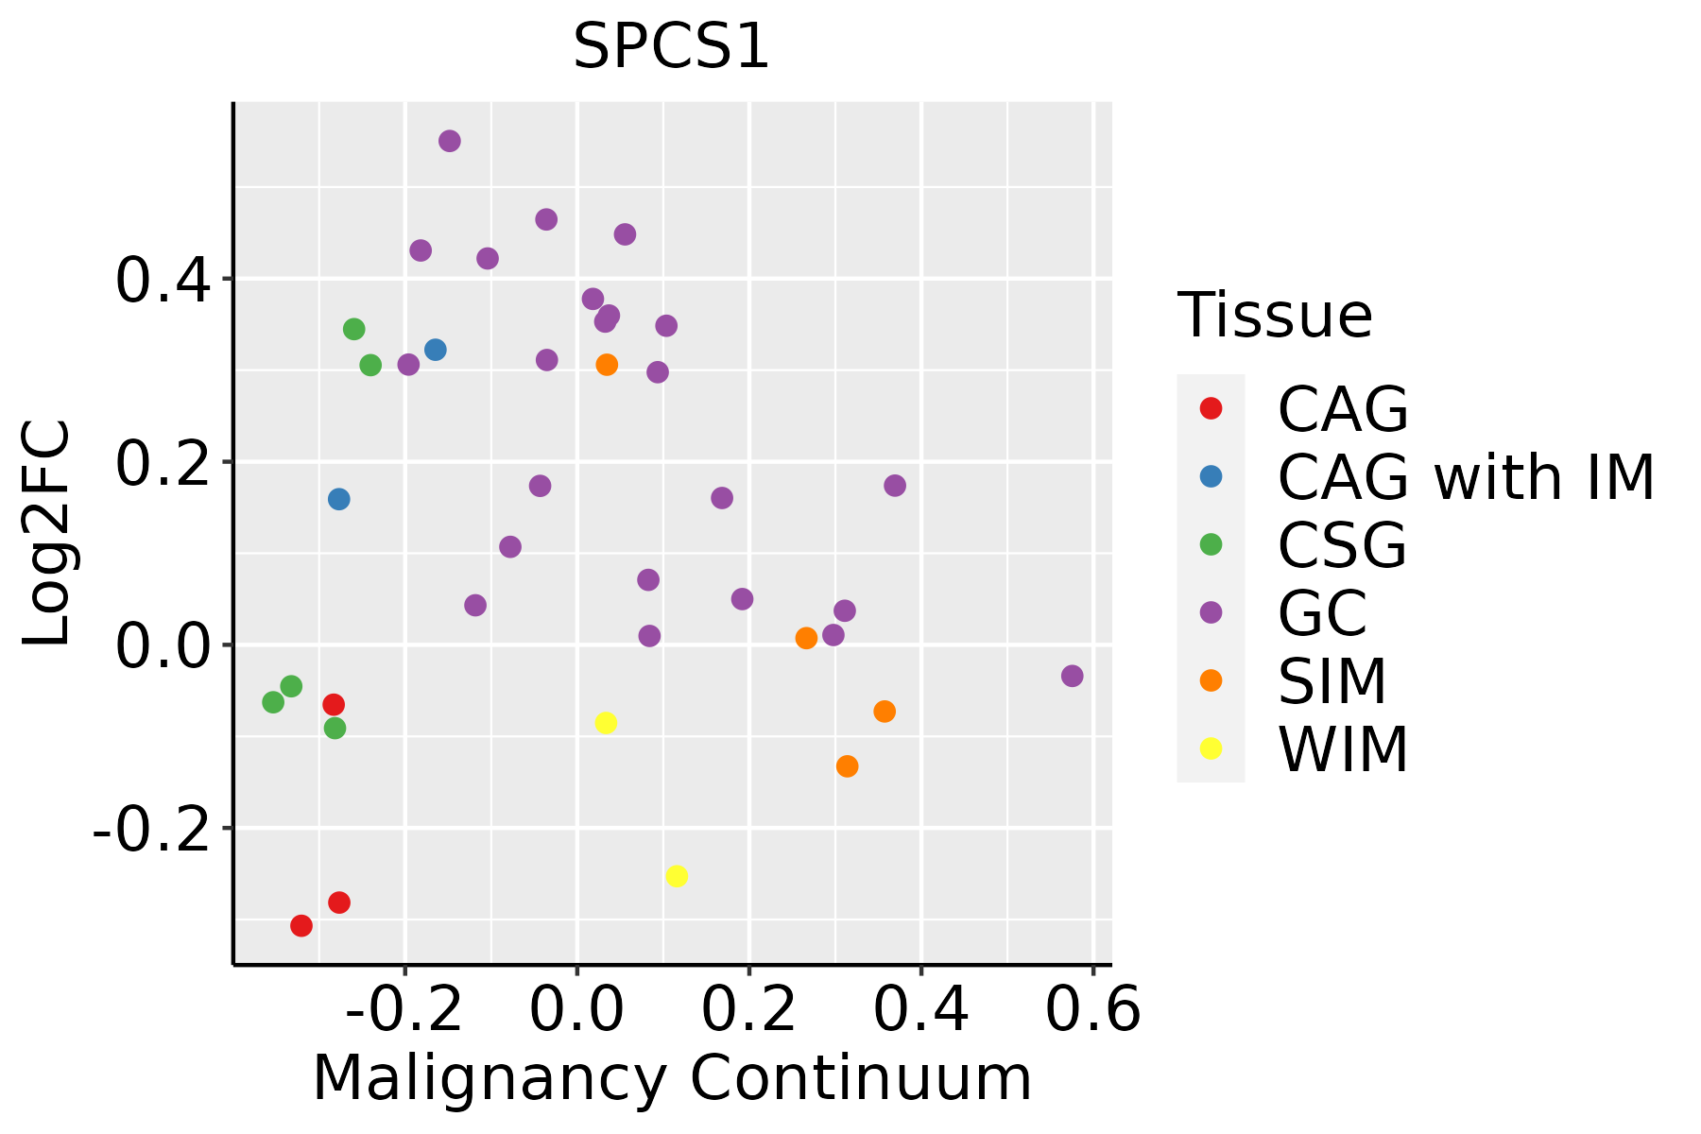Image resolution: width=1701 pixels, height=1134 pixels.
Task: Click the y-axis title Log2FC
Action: tap(47, 534)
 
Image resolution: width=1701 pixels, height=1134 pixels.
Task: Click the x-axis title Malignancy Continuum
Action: tap(671, 1078)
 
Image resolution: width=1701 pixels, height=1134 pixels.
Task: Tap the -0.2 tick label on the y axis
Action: tap(149, 830)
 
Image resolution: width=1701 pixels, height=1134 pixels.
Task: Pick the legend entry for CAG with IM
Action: tap(1466, 477)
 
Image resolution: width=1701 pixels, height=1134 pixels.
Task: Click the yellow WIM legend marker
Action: tap(1211, 748)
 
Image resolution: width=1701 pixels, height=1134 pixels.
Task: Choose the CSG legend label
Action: tap(1342, 545)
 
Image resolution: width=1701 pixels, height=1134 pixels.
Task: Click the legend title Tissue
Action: tap(1275, 316)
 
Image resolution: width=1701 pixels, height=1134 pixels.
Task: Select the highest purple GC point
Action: tap(450, 141)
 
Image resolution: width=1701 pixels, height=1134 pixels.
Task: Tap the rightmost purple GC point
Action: tap(1072, 676)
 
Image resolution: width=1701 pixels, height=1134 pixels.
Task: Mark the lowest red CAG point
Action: tap(301, 925)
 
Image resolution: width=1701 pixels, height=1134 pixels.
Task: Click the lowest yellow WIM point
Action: tap(677, 876)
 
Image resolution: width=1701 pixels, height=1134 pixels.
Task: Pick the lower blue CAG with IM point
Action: tap(338, 499)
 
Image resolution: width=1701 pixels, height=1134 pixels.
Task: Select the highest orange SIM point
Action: tap(607, 365)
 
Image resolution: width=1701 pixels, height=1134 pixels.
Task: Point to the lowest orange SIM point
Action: tap(847, 765)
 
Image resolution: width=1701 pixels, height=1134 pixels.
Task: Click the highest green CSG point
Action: tap(354, 329)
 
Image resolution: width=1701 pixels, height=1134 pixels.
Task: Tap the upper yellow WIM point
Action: tap(606, 723)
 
